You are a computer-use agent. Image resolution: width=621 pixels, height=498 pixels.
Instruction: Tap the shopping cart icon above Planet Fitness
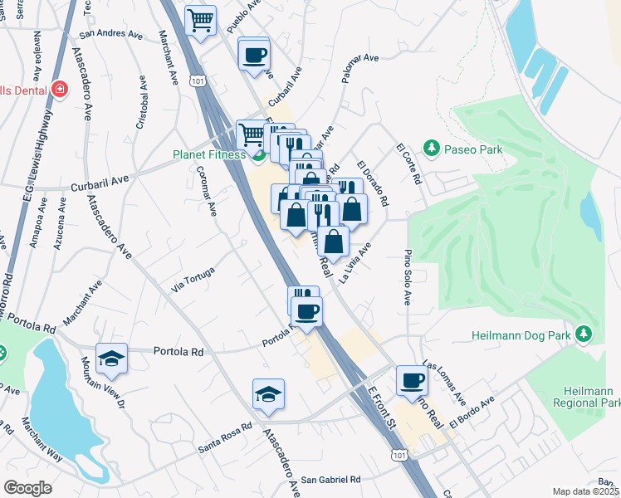[250, 133]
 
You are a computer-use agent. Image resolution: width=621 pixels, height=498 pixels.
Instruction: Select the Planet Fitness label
[208, 154]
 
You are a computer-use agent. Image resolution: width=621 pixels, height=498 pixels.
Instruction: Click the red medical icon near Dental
[59, 89]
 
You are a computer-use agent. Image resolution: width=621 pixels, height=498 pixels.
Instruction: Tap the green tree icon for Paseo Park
[431, 148]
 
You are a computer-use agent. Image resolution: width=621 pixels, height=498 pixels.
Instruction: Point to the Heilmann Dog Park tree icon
[584, 333]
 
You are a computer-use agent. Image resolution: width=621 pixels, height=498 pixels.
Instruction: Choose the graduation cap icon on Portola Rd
[111, 358]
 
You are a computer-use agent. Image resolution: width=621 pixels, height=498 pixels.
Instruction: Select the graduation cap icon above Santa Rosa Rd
[268, 393]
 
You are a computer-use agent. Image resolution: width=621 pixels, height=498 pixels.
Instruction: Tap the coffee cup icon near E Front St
[412, 379]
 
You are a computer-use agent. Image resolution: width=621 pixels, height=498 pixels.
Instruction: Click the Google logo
[27, 487]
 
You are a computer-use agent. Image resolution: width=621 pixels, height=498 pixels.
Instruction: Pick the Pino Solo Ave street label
[408, 276]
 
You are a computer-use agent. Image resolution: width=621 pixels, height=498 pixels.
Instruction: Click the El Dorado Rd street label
[374, 183]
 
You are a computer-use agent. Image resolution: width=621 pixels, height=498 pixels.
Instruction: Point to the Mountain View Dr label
[101, 387]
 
